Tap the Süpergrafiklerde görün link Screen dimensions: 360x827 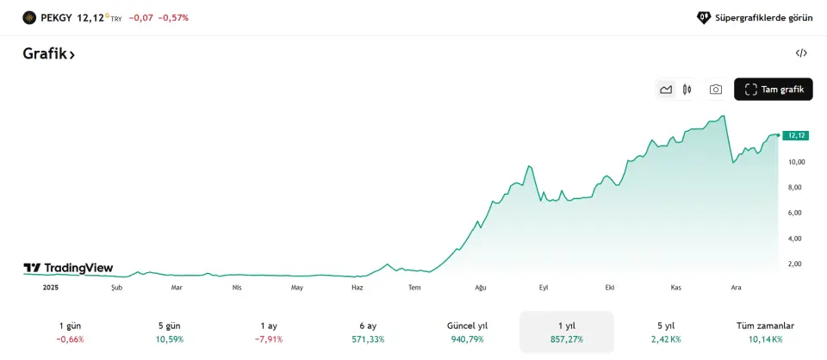pos(755,17)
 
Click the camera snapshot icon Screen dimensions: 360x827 pos(715,90)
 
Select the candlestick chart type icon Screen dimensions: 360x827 pos(687,90)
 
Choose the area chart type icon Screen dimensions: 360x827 pos(666,90)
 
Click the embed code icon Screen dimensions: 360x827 pos(801,53)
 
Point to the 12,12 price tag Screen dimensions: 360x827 pos(795,135)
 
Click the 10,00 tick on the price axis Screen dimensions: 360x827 pos(795,162)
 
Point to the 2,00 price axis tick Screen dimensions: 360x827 pos(795,264)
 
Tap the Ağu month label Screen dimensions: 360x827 pos(481,288)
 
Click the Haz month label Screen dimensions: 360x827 pos(358,288)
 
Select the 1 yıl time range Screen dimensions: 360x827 pos(566,332)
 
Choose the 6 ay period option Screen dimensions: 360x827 pos(368,332)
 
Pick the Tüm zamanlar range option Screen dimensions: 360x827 pos(765,332)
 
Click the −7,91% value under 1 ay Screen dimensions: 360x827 pos(269,339)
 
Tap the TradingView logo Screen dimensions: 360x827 pos(68,268)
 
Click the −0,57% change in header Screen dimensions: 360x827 pos(173,17)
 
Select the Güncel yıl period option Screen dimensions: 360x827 pos(467,332)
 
